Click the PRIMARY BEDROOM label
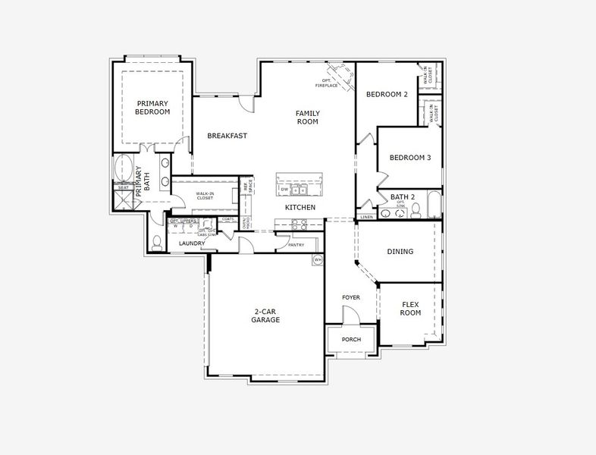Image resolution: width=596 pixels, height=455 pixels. pyautogui.click(x=152, y=107)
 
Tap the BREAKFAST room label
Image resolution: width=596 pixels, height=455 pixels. pyautogui.click(x=227, y=136)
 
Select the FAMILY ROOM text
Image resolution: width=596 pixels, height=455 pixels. pyautogui.click(x=307, y=118)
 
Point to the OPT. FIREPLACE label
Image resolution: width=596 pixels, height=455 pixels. pyautogui.click(x=327, y=83)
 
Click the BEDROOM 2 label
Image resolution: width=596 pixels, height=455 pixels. pyautogui.click(x=387, y=94)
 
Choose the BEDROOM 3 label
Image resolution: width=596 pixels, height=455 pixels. pyautogui.click(x=410, y=158)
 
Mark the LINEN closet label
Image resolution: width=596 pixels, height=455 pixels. pyautogui.click(x=367, y=217)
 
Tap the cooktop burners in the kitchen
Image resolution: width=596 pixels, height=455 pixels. pyautogui.click(x=299, y=224)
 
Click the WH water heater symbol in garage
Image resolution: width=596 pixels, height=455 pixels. pyautogui.click(x=318, y=259)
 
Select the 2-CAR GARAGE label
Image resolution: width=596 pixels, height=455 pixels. pyautogui.click(x=266, y=315)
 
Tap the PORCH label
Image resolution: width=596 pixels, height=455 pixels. pyautogui.click(x=351, y=339)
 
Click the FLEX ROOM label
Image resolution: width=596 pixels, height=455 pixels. pyautogui.click(x=410, y=308)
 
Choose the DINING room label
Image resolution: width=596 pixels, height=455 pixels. pyautogui.click(x=400, y=251)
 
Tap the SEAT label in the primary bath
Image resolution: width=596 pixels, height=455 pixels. pyautogui.click(x=123, y=187)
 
